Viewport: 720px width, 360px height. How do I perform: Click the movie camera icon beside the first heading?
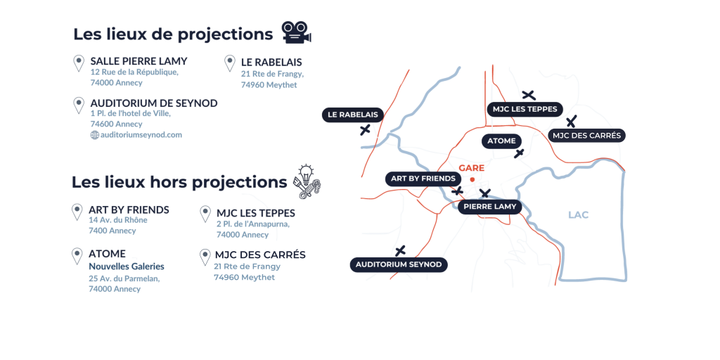tap(296, 32)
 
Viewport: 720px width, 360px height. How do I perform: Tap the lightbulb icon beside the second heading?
tap(308, 180)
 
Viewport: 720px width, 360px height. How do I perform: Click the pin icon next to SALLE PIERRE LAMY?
tap(79, 64)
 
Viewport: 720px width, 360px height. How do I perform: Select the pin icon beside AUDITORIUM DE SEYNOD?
tap(79, 105)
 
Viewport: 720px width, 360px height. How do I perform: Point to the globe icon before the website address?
tap(94, 134)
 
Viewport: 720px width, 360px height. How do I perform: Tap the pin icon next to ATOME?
tap(77, 257)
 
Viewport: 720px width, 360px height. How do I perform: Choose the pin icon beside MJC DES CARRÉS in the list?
tap(205, 257)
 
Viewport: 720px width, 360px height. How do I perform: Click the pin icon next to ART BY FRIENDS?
tap(77, 212)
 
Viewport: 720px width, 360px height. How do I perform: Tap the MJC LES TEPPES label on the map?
tap(525, 108)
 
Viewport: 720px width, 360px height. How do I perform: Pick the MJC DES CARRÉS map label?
tap(588, 135)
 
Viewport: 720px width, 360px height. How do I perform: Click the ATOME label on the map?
tap(501, 141)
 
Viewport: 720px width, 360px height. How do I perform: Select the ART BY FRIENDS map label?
tap(424, 179)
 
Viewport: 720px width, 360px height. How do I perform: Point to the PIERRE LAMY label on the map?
tap(490, 206)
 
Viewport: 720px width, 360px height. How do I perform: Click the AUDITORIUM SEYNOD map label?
tap(399, 264)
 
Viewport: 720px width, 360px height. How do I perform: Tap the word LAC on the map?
tap(578, 214)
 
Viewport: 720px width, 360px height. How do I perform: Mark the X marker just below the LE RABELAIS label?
tap(364, 129)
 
